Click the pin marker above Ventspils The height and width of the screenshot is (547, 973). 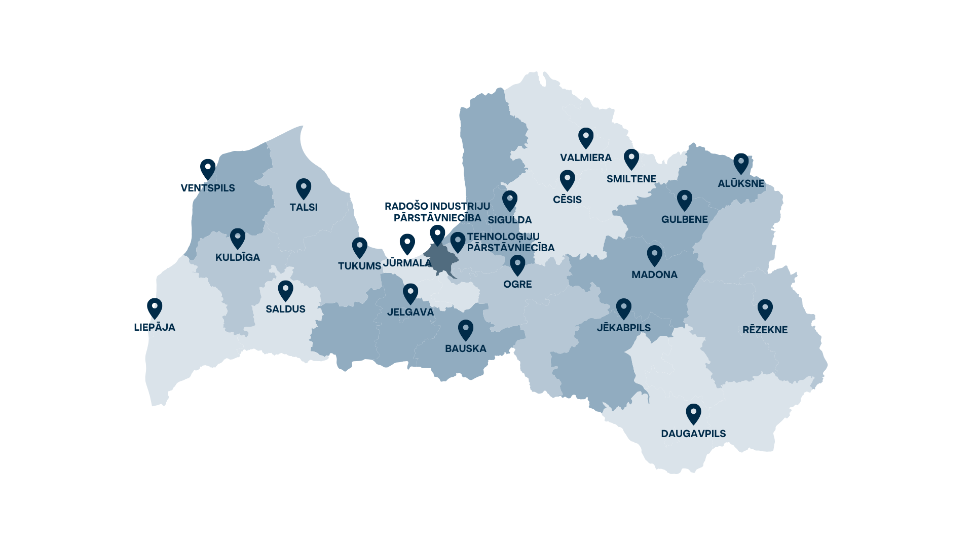pyautogui.click(x=208, y=169)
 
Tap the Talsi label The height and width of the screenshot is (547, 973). pyautogui.click(x=304, y=207)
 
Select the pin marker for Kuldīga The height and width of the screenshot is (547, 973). pyautogui.click(x=238, y=238)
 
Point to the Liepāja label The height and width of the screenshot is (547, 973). pyautogui.click(x=155, y=327)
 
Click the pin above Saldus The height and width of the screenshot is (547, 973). pyautogui.click(x=286, y=291)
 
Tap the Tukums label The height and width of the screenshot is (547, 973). pyautogui.click(x=359, y=266)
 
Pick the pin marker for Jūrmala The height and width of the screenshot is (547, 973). pyautogui.click(x=407, y=244)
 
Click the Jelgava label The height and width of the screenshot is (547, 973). pyautogui.click(x=410, y=312)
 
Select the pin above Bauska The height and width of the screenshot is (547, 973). pyautogui.click(x=466, y=330)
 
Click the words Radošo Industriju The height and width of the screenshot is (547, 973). pyautogui.click(x=437, y=206)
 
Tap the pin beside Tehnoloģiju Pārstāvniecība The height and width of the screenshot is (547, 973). pyautogui.click(x=458, y=242)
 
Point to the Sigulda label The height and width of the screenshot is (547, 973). pyautogui.click(x=510, y=220)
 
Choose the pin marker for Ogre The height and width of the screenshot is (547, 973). pyautogui.click(x=517, y=265)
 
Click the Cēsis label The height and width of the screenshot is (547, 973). pyautogui.click(x=567, y=200)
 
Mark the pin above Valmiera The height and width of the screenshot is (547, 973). pyautogui.click(x=586, y=138)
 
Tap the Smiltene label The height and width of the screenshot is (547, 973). pyautogui.click(x=631, y=179)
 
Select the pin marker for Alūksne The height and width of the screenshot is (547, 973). pyautogui.click(x=741, y=164)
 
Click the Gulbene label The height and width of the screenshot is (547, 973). pyautogui.click(x=684, y=219)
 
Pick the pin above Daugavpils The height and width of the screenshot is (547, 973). pyautogui.click(x=693, y=414)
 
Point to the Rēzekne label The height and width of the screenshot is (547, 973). pyautogui.click(x=765, y=330)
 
